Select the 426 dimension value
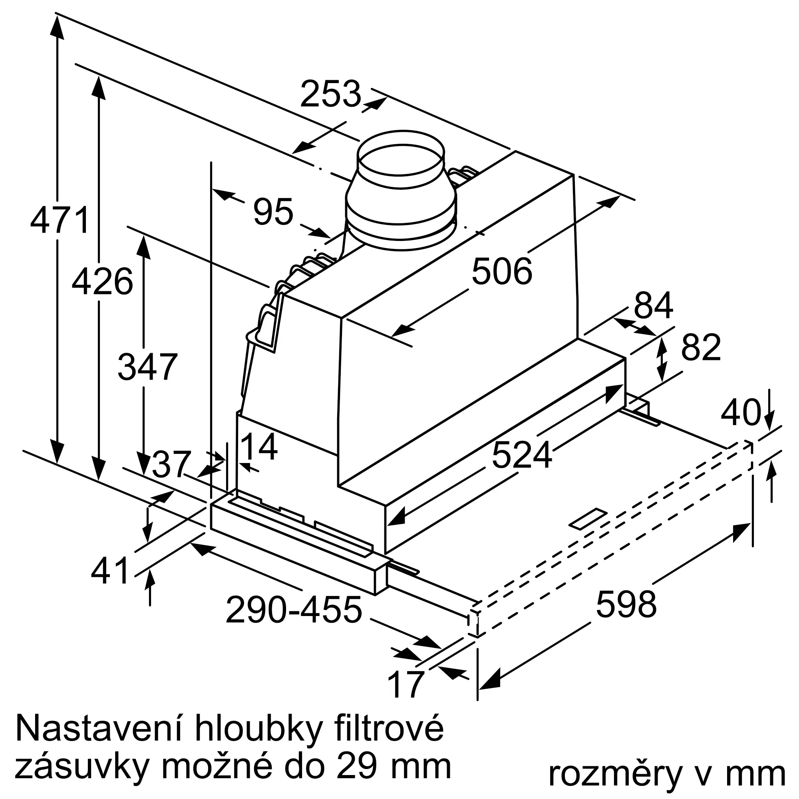102,282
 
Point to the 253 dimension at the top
330,94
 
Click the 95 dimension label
273,212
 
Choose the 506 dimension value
502,272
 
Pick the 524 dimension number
522,455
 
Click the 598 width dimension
626,604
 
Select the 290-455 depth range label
294,610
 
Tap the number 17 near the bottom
407,685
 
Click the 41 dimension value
110,571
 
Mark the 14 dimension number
258,447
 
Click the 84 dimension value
654,306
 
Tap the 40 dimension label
741,412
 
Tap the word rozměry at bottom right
614,772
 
